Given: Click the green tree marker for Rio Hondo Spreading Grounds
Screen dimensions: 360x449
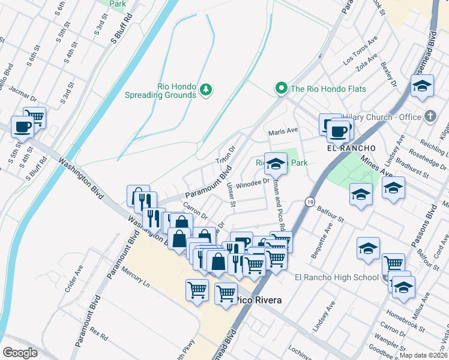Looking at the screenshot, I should click(x=206, y=89).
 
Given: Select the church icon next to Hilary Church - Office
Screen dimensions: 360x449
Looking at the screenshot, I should click(x=430, y=117).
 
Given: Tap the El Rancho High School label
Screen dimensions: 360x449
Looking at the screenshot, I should click(x=337, y=277).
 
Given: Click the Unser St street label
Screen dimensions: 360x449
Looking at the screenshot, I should click(x=231, y=194).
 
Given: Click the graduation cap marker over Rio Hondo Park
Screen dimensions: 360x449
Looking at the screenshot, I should click(x=276, y=163).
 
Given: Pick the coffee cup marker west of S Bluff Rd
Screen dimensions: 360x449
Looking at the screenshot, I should click(x=22, y=127).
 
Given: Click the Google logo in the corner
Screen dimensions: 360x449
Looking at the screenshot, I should click(x=20, y=353).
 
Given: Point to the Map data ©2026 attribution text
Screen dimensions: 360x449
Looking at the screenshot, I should click(x=423, y=355).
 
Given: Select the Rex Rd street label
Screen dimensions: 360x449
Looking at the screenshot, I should click(x=97, y=332).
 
